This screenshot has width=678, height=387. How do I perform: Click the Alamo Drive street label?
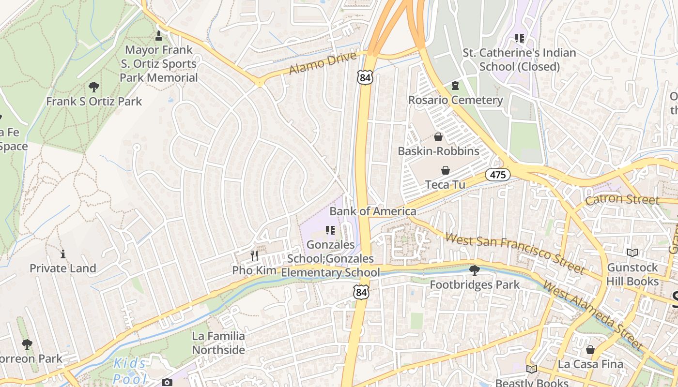(323, 63)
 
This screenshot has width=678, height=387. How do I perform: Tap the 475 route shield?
(498, 175)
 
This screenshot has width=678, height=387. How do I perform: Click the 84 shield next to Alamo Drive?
(366, 77)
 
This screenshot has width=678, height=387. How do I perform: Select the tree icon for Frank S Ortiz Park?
(94, 87)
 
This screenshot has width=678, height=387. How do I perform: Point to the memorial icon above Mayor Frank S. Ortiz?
(158, 35)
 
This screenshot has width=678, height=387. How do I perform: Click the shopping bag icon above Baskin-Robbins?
(438, 137)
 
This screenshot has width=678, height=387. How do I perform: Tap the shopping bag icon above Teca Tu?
(445, 170)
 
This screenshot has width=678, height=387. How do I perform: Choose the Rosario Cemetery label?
(455, 100)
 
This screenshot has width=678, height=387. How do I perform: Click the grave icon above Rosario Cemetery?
(455, 86)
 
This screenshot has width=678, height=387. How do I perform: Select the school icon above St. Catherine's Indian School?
(520, 38)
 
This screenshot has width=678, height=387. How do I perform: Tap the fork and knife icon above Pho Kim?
(254, 255)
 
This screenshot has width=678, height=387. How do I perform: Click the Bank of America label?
(373, 211)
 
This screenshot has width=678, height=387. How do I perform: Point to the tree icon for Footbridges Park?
(475, 270)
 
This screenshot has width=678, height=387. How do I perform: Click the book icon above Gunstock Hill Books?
(632, 253)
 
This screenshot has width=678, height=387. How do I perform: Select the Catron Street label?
(622, 200)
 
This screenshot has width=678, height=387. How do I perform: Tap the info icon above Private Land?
(63, 254)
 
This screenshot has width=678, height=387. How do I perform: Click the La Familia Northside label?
(218, 342)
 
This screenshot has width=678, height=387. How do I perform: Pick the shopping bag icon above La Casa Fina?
(590, 349)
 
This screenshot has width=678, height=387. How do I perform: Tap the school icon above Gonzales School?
(330, 230)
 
